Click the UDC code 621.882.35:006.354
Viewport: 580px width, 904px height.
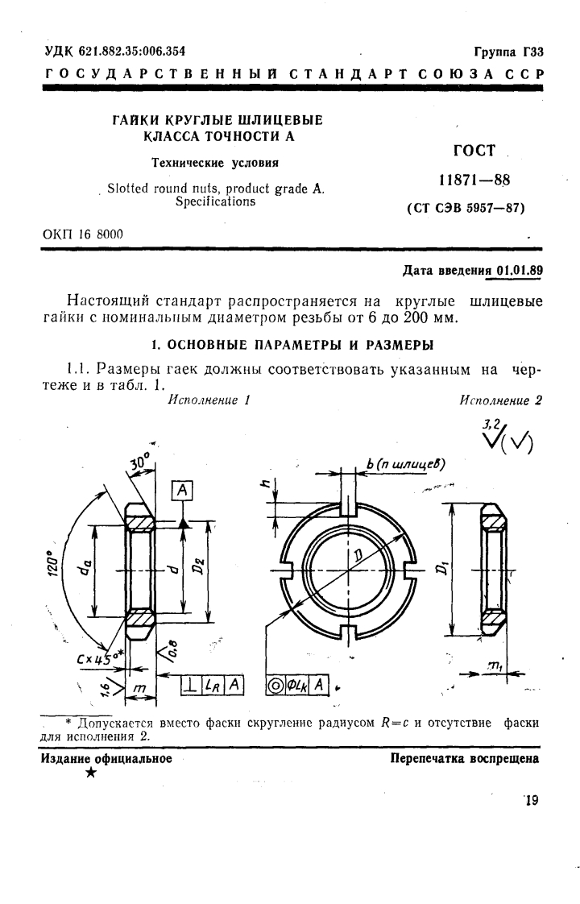tap(132, 51)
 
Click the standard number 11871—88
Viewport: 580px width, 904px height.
tap(471, 180)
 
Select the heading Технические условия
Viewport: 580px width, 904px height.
tap(216, 162)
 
